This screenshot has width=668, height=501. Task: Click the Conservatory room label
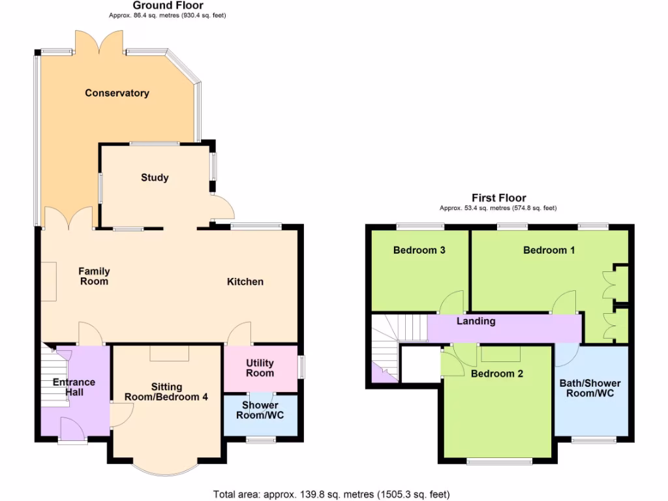pyautogui.click(x=117, y=93)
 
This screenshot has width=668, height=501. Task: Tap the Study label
pyautogui.click(x=155, y=177)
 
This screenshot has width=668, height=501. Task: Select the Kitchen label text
pyautogui.click(x=245, y=282)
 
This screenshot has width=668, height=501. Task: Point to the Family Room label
pyautogui.click(x=94, y=277)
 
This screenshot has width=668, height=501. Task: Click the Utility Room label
pyautogui.click(x=260, y=368)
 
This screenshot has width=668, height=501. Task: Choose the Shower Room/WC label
pyautogui.click(x=260, y=410)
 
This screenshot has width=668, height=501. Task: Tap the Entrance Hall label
pyautogui.click(x=74, y=387)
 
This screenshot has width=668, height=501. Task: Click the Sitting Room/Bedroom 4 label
pyautogui.click(x=167, y=391)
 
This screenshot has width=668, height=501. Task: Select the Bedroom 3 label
pyautogui.click(x=419, y=250)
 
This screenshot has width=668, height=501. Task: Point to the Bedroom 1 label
pyautogui.click(x=549, y=250)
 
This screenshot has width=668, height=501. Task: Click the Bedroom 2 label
pyautogui.click(x=497, y=374)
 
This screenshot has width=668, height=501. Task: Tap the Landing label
pyautogui.click(x=476, y=321)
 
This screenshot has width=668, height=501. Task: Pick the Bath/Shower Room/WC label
pyautogui.click(x=590, y=388)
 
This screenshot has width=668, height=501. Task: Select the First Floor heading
pyautogui.click(x=498, y=198)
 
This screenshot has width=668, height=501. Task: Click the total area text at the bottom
pyautogui.click(x=331, y=494)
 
